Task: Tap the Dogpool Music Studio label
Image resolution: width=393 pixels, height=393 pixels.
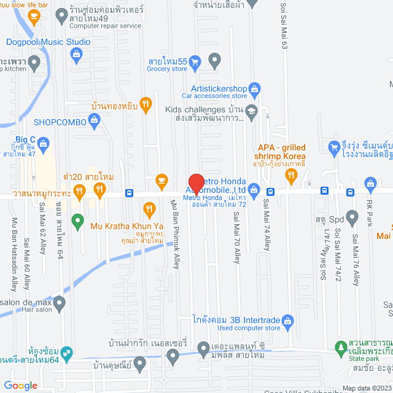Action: [48, 42]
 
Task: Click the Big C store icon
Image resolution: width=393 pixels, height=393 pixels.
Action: [43, 145]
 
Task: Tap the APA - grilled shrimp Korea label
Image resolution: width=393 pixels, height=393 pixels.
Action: [281, 152]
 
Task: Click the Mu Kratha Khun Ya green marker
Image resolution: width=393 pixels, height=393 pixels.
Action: [77, 219]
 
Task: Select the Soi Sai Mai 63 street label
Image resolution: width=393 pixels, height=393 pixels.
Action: [284, 25]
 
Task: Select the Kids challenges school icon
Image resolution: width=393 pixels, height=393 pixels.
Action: [251, 111]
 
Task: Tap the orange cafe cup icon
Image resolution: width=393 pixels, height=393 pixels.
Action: [161, 179]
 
